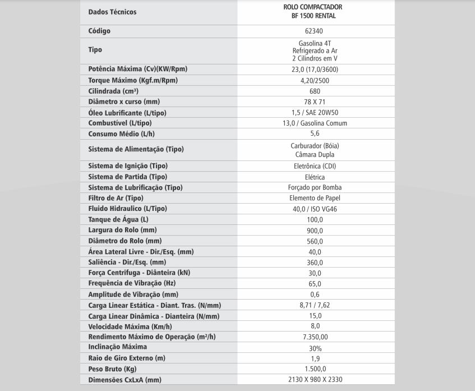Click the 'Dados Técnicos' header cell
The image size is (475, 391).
[112, 12]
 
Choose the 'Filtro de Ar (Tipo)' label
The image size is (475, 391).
[116, 198]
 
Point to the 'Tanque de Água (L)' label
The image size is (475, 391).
[118, 219]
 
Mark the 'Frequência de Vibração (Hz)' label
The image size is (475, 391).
[132, 283]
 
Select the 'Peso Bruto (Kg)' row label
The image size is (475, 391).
[113, 369]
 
